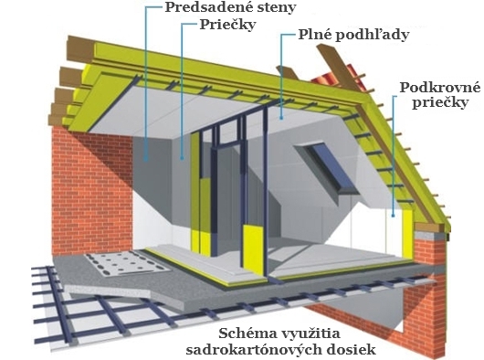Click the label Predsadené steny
click(x=230, y=7)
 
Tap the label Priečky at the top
click(x=227, y=25)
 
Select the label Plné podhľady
click(x=353, y=35)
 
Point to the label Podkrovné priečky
click(x=440, y=95)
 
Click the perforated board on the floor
click(x=127, y=263)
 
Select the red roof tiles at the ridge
click(x=336, y=78)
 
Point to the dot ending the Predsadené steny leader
click(x=145, y=160)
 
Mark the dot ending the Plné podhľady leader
click(x=281, y=117)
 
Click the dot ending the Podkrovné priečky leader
click(x=394, y=216)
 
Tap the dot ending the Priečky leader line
click(x=182, y=159)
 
